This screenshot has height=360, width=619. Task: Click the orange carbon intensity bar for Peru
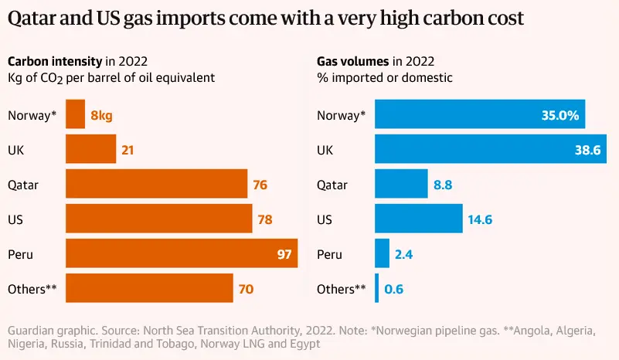[182, 253]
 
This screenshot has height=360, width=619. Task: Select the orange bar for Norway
[76, 115]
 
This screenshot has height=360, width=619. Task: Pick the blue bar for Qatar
[401, 185]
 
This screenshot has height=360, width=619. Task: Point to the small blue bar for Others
[377, 289]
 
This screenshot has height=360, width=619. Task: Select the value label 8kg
[102, 116]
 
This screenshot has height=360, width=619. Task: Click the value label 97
[282, 254]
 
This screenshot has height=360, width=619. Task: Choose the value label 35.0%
[560, 116]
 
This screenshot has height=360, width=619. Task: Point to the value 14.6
[480, 219]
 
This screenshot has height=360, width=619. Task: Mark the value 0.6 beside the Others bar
[394, 290]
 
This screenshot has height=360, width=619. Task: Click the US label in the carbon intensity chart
[15, 219]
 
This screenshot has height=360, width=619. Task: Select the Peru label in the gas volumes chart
[330, 254]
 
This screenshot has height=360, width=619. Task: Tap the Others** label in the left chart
[32, 289]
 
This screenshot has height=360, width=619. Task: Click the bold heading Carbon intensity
[54, 61]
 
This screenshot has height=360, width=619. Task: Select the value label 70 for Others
[247, 290]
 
